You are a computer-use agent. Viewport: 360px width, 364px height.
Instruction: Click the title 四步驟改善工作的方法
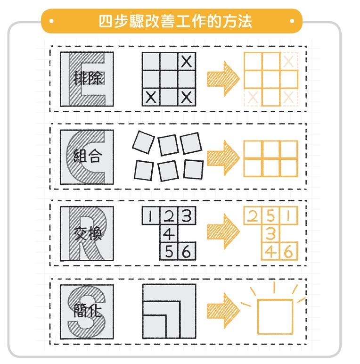[175, 21]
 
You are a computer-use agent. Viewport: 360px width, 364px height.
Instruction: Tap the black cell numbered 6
[186, 252]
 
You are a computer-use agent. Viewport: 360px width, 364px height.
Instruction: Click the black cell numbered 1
[151, 216]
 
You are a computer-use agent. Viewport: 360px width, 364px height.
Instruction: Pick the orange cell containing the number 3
[270, 233]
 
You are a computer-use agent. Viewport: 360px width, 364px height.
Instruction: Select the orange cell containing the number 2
[253, 216]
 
